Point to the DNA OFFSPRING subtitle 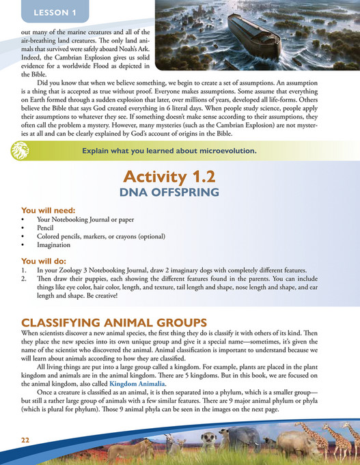tap(180, 193)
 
